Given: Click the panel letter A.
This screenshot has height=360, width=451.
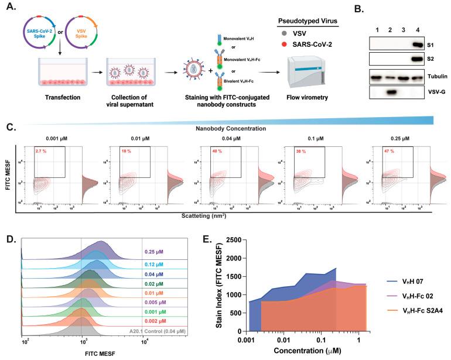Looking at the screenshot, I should point(10,8).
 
